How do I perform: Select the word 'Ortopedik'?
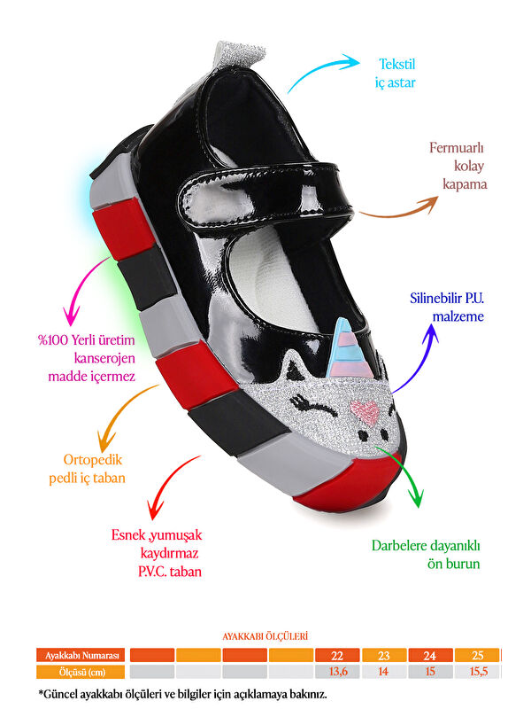coord(94,460)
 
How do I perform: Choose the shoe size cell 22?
coord(337,656)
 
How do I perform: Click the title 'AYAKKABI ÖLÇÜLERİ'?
coord(265,635)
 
